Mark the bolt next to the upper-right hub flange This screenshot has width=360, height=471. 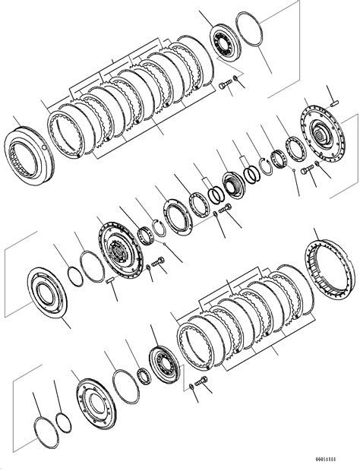point(306,172)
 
